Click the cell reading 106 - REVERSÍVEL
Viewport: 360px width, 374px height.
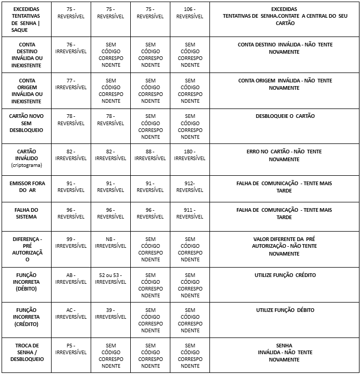[190, 13]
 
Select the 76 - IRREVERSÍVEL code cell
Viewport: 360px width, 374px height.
[71, 48]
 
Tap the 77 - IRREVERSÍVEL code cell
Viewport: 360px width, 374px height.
[71, 84]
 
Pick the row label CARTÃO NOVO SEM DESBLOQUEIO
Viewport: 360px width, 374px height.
[27, 123]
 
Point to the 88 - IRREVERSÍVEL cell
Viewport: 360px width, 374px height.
[150, 155]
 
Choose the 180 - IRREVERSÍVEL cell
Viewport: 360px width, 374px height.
[190, 155]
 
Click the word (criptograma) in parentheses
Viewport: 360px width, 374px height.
[27, 165]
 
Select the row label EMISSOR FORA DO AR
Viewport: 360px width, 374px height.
[27, 187]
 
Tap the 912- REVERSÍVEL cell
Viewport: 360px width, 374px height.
[190, 187]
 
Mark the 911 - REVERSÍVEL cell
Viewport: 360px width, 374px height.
[190, 213]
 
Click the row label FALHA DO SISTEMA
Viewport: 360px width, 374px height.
[27, 213]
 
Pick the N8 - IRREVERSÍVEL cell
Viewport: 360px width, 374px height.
[110, 243]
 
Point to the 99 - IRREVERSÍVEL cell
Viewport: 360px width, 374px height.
[71, 243]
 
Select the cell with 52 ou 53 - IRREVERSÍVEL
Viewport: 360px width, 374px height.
[110, 279]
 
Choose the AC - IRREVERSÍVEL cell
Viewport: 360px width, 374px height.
[71, 313]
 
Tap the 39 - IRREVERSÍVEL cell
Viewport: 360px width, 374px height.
[110, 313]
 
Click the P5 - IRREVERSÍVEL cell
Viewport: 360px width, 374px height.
[71, 349]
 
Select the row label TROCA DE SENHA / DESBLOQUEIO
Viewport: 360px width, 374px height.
[27, 352]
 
